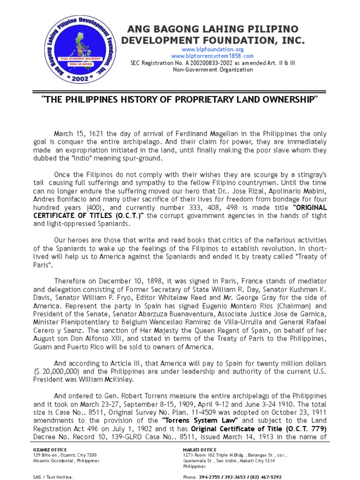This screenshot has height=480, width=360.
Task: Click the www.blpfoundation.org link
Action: (x=213, y=49)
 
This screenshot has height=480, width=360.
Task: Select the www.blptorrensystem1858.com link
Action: (x=213, y=56)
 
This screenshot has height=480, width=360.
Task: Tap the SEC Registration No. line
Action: (x=213, y=63)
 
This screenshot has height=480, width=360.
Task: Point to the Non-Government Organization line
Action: (x=213, y=70)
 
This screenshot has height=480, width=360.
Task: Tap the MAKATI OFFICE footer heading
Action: (x=199, y=450)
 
